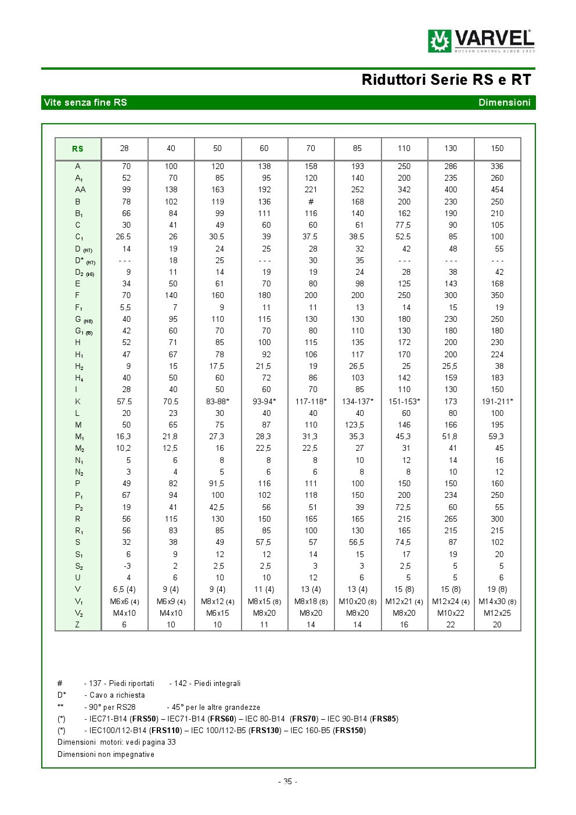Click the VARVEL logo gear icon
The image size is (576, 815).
click(x=440, y=41)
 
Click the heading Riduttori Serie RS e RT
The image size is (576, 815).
click(x=446, y=80)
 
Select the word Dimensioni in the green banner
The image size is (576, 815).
click(x=504, y=103)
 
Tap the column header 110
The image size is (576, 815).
click(x=404, y=149)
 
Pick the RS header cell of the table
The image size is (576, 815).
click(x=78, y=149)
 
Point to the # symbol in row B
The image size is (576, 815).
click(x=311, y=202)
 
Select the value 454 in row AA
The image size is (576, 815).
click(x=497, y=190)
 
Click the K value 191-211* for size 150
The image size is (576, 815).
click(x=497, y=401)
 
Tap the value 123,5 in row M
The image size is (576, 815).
click(x=357, y=425)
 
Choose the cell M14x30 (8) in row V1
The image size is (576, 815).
click(x=497, y=601)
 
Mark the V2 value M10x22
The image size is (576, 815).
click(x=451, y=613)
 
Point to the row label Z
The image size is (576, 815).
click(x=77, y=624)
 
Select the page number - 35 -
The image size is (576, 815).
click(x=287, y=781)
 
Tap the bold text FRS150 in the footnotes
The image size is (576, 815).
click(x=350, y=731)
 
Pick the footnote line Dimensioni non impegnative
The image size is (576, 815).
click(x=106, y=755)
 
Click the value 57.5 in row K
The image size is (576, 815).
click(x=124, y=401)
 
